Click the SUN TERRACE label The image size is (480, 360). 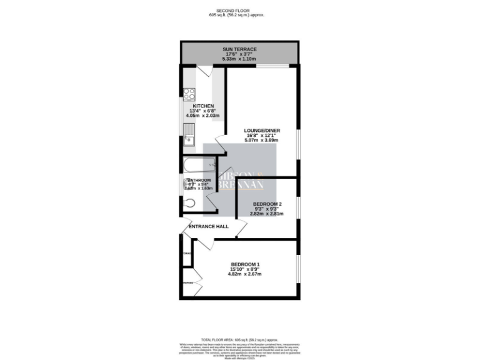240,49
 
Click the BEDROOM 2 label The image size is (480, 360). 267,204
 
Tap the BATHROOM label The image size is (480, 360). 199,180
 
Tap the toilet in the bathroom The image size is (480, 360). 191,202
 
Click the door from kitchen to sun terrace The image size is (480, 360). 204,71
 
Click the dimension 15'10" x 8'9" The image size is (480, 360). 246,269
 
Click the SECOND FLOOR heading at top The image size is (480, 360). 240,11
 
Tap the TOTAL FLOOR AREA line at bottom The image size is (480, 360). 240,338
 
